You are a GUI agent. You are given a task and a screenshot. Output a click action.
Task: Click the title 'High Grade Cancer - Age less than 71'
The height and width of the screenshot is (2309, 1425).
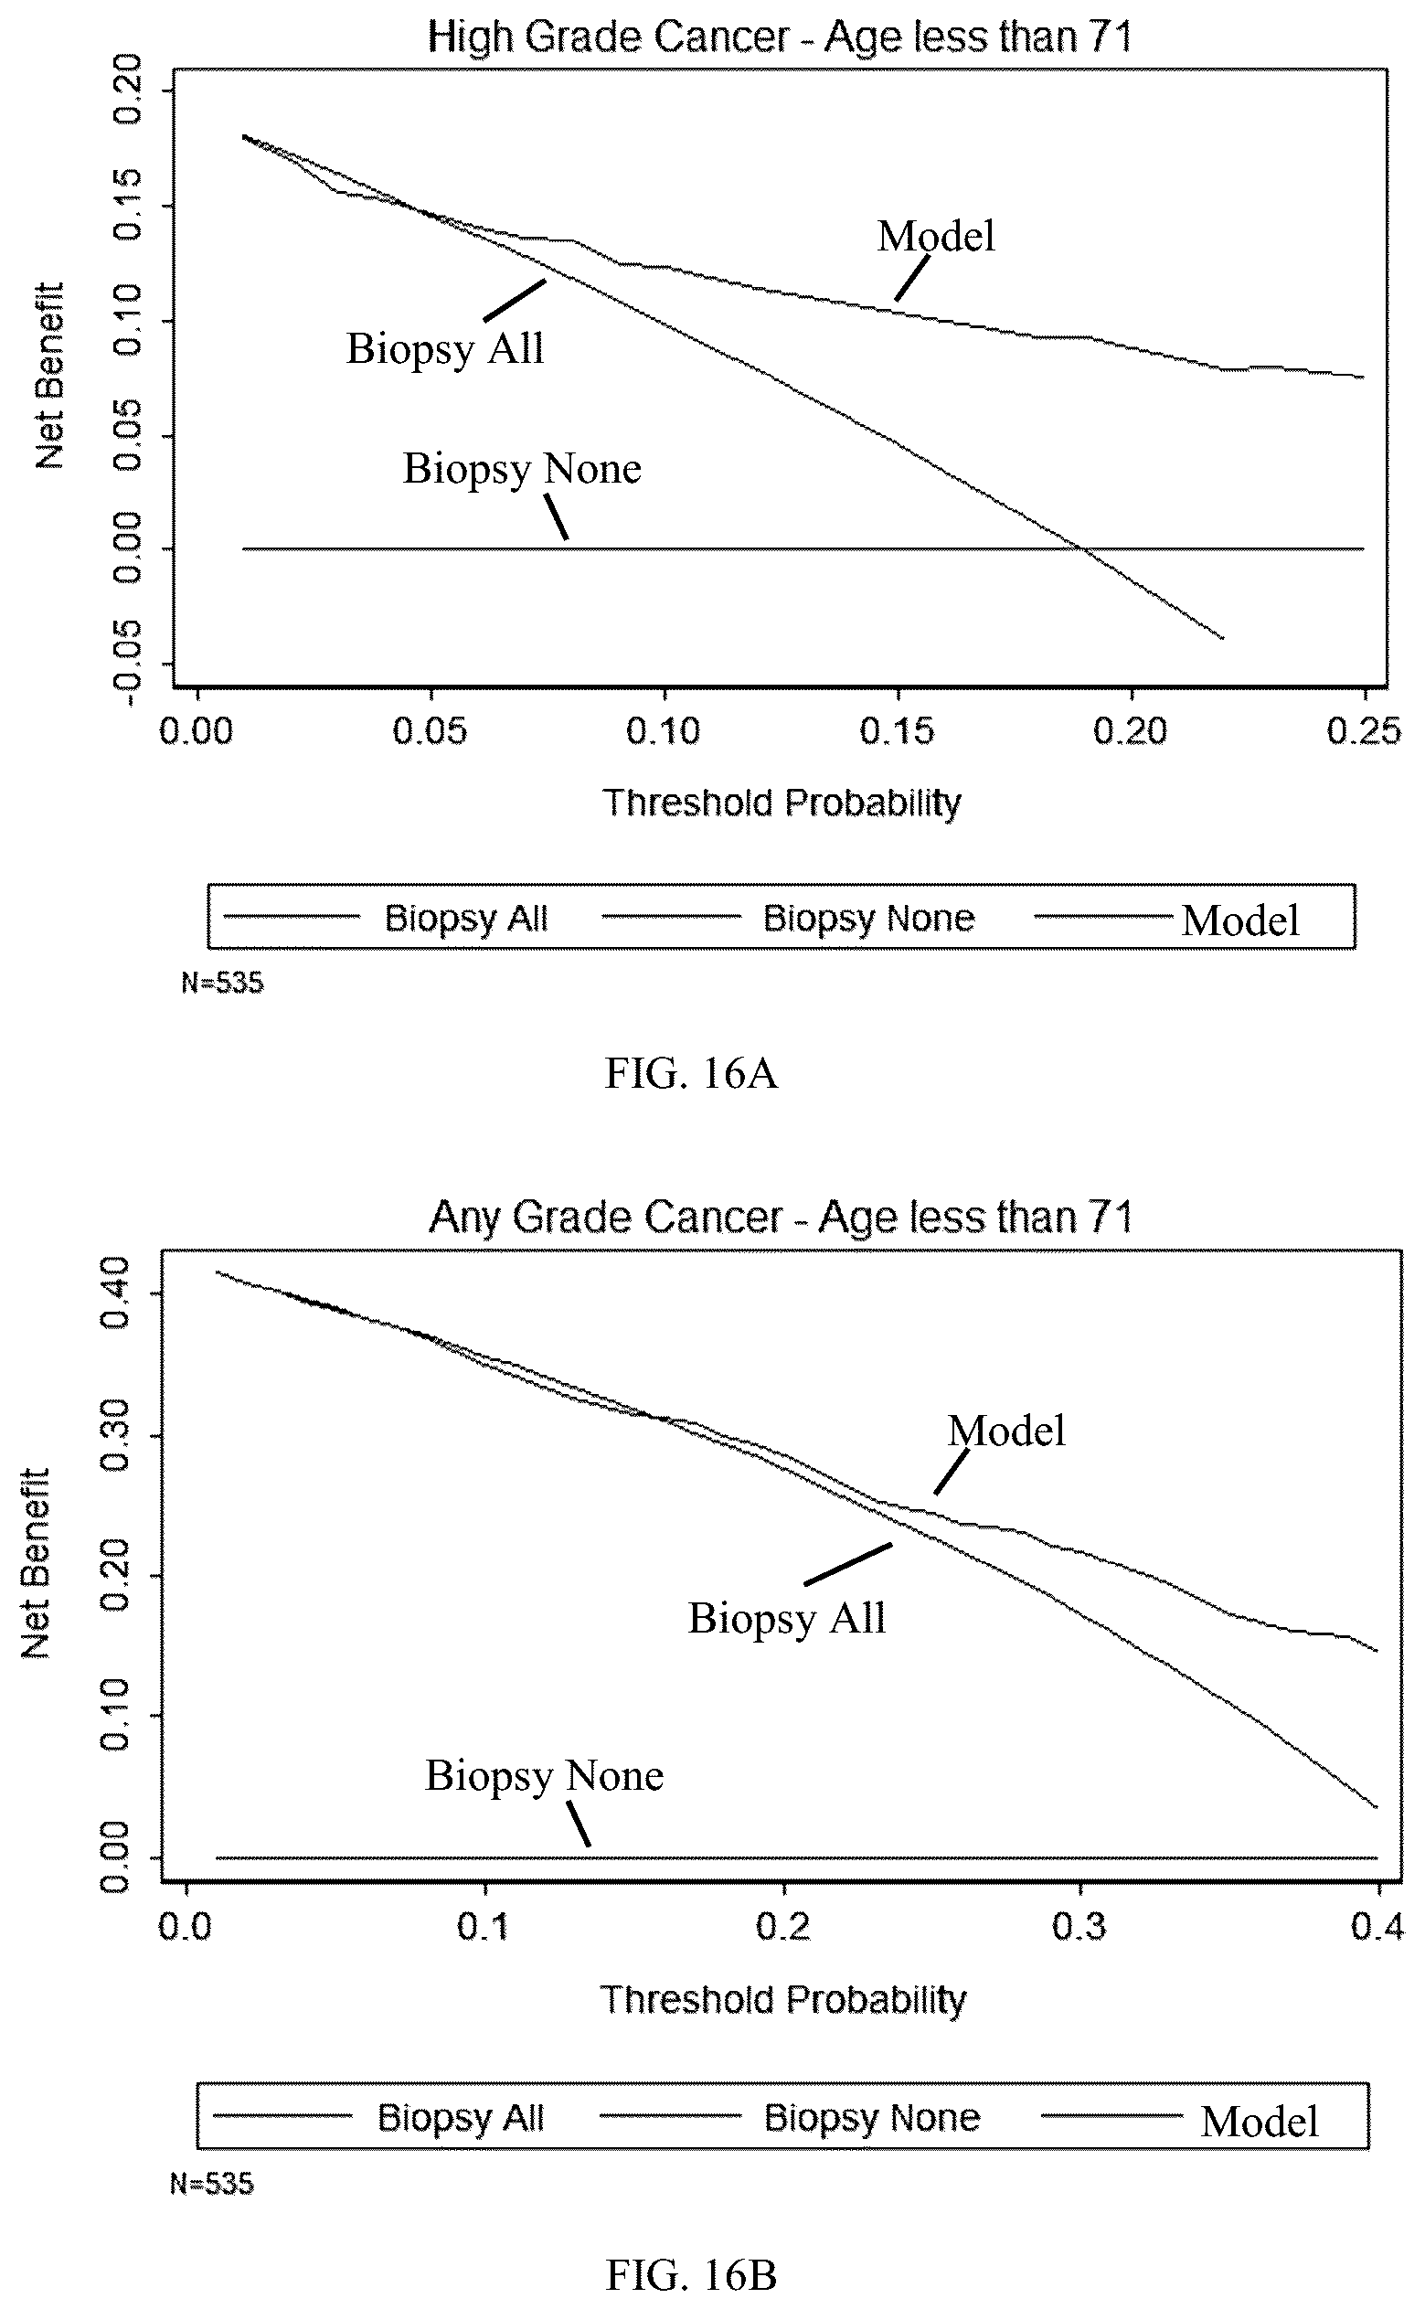click(780, 37)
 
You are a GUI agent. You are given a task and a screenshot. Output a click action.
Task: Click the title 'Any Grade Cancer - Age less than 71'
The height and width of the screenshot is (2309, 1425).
click(782, 1217)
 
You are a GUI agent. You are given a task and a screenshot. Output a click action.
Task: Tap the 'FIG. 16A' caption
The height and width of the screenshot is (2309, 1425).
click(691, 1073)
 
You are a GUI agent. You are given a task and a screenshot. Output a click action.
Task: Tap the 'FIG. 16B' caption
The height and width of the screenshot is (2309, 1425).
click(691, 2275)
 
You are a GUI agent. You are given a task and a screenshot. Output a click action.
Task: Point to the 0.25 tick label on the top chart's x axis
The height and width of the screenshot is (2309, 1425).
click(1364, 731)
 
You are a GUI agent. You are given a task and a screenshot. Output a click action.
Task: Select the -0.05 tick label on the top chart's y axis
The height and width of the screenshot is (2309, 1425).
click(127, 664)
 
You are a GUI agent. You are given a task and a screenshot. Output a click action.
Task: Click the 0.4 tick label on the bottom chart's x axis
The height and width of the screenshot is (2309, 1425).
click(1377, 1927)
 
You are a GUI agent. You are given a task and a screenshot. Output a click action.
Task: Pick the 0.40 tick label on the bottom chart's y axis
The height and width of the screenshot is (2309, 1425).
click(115, 1293)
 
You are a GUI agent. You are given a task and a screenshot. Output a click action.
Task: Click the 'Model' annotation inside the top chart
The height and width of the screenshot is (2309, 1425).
click(936, 236)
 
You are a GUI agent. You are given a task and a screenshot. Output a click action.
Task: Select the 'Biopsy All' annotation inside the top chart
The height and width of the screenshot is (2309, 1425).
click(445, 348)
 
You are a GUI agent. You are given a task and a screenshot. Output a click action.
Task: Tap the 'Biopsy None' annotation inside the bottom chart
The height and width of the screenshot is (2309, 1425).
click(544, 1775)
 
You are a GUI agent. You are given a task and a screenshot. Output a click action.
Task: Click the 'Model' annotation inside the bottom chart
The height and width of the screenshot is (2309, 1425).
click(1006, 1431)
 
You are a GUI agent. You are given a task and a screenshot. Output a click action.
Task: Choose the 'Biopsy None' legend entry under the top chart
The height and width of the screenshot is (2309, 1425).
click(868, 918)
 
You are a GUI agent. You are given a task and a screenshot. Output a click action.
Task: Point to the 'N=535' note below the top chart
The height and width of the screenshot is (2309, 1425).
click(222, 983)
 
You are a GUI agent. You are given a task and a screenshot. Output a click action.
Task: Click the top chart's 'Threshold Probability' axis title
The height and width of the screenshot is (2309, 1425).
click(782, 803)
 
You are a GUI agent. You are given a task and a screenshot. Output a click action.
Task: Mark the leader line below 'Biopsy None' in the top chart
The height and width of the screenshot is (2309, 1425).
click(556, 517)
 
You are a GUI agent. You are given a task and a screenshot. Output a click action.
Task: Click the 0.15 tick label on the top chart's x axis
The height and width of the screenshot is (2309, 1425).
click(898, 731)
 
